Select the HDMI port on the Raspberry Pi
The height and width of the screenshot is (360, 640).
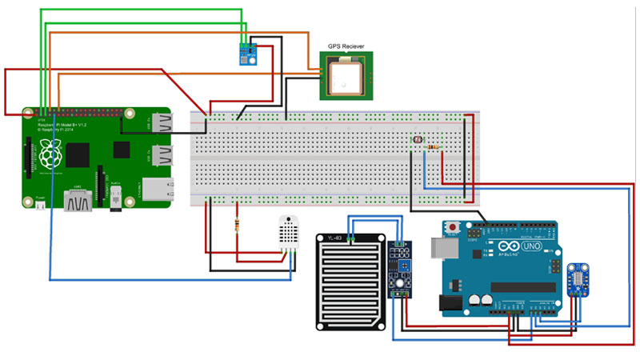click(x=80, y=200)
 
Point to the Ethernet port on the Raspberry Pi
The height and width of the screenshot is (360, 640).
click(x=157, y=189)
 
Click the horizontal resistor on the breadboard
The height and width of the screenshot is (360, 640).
click(x=434, y=147)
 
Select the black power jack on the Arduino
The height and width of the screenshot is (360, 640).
click(x=448, y=301)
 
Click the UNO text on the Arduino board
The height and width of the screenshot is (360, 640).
click(x=530, y=249)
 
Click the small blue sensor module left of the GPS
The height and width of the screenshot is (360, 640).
click(x=246, y=53)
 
